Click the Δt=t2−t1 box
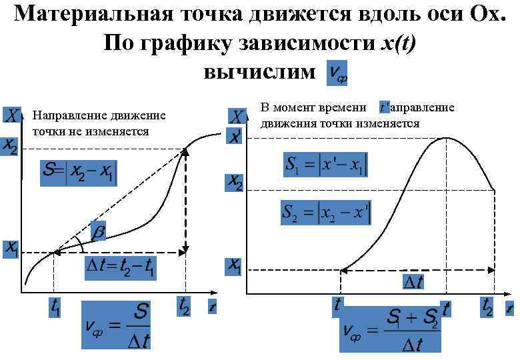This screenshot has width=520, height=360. coord(121,268)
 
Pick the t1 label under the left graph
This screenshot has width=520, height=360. coord(56,307)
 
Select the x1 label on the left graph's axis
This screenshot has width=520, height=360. coord(11,249)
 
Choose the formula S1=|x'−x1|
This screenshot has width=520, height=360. coord(325,165)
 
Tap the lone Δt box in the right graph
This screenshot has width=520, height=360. coord(413,283)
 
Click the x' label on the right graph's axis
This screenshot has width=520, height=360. coord(235,136)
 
